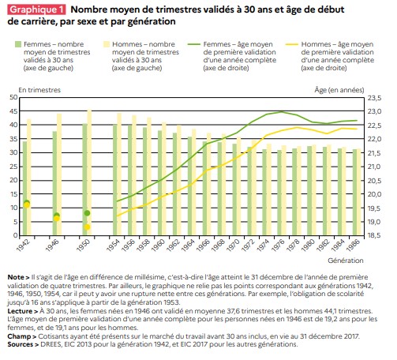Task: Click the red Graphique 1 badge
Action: click(37, 9)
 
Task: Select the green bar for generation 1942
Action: click(24, 188)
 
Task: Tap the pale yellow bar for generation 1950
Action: click(89, 172)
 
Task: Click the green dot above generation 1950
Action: click(87, 213)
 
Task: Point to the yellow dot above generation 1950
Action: click(87, 227)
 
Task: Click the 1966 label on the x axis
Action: click(204, 245)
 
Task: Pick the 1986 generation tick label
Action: click(354, 245)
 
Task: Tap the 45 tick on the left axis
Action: click(13, 111)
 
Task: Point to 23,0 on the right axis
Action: click(374, 111)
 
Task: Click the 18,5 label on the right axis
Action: click(374, 235)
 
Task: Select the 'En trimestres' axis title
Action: click(39, 90)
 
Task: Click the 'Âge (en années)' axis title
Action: click(339, 90)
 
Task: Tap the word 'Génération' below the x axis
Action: click(346, 261)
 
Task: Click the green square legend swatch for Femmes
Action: click(18, 44)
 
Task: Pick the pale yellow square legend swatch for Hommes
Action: click(107, 44)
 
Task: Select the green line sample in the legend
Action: click(194, 44)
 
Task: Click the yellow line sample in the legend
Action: click(292, 44)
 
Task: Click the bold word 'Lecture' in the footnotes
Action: click(21, 311)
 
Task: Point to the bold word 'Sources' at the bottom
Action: click(21, 344)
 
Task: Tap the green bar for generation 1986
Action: click(354, 193)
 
